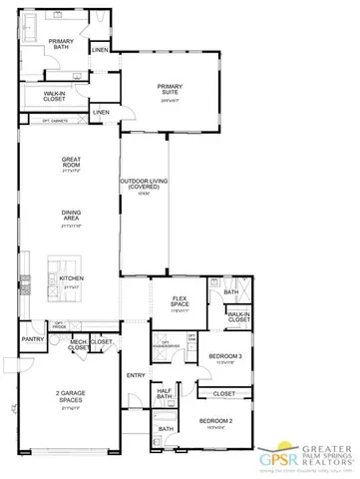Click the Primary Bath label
[x=60, y=44]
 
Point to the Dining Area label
[x=70, y=213]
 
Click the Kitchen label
[x=70, y=277]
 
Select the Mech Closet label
[x=77, y=345]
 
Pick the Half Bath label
[x=165, y=393]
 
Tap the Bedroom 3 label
[x=225, y=356]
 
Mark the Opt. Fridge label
[x=59, y=324]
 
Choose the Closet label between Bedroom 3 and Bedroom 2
[x=224, y=393]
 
